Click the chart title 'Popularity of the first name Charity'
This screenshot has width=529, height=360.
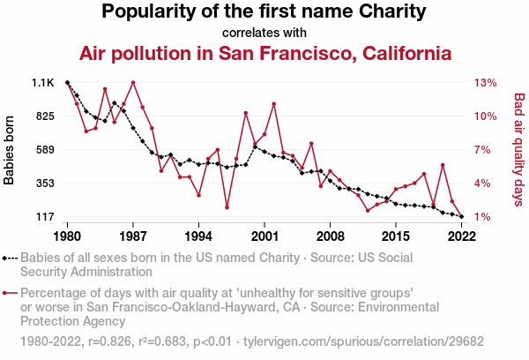(264, 12)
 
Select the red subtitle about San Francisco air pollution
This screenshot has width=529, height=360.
(264, 53)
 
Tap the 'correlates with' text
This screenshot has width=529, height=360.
(264, 33)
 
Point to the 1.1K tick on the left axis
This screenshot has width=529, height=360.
(43, 83)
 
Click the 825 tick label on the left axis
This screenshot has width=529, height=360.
(43, 116)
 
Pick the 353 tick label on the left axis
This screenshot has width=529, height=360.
(43, 184)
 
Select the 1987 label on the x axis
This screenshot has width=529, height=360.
(133, 236)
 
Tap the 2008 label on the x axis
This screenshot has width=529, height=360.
(330, 236)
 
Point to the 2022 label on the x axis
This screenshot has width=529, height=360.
(461, 236)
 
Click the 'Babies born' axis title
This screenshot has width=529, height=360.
(10, 150)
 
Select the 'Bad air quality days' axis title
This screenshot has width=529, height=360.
(518, 150)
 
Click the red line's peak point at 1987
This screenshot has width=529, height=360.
(133, 83)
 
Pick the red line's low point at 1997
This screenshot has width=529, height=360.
(227, 207)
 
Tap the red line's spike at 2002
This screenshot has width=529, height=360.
(274, 104)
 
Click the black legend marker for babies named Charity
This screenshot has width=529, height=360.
(10, 259)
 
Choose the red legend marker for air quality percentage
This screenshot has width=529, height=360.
(10, 292)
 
